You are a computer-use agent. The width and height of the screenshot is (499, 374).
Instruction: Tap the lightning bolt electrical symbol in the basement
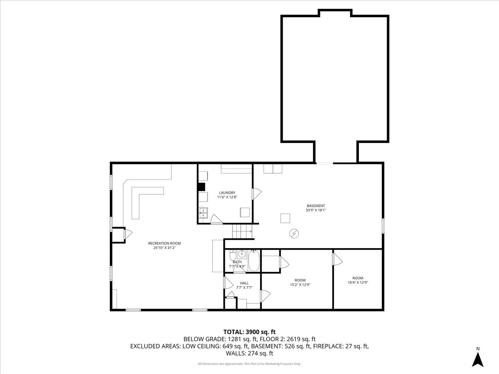click(294, 234)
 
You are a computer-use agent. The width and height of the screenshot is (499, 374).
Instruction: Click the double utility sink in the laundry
click(203, 213)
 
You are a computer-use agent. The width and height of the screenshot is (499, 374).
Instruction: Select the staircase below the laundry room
click(242, 231)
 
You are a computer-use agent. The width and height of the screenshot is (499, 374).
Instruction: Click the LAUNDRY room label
click(227, 193)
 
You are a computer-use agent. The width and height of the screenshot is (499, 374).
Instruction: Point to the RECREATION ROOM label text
click(165, 244)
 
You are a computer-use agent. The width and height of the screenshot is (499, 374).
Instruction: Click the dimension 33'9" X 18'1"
click(316, 210)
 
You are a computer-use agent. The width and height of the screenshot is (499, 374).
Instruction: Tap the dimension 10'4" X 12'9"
click(358, 283)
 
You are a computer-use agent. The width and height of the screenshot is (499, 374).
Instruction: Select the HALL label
click(244, 283)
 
